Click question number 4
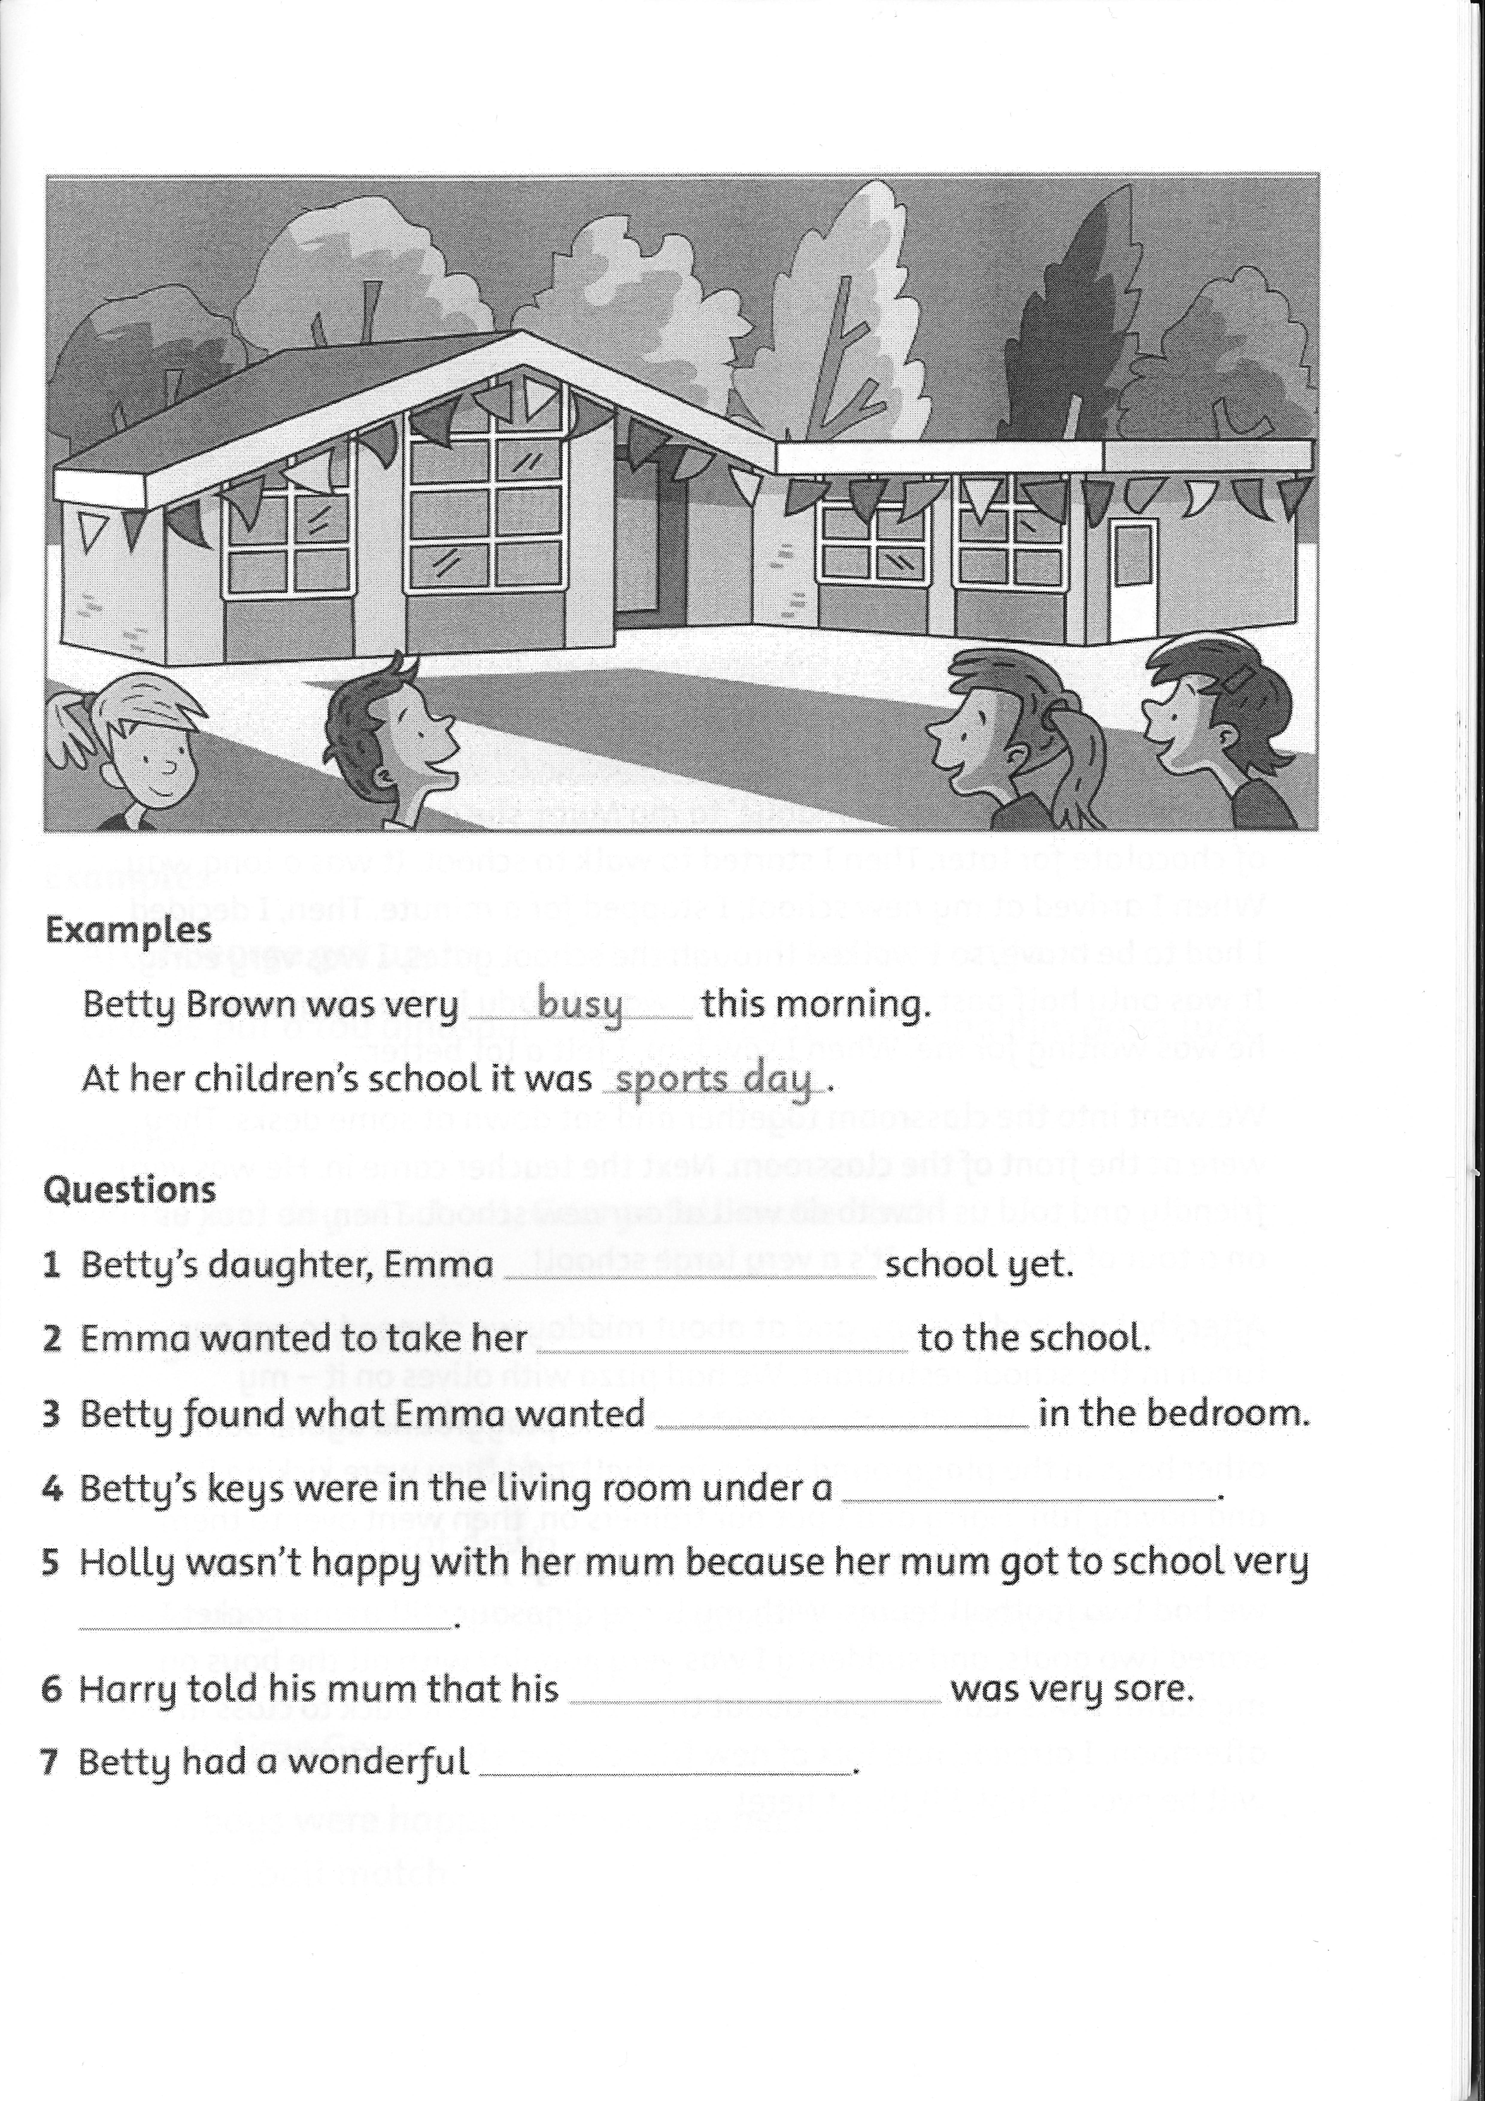52,1489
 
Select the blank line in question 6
755,1699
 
